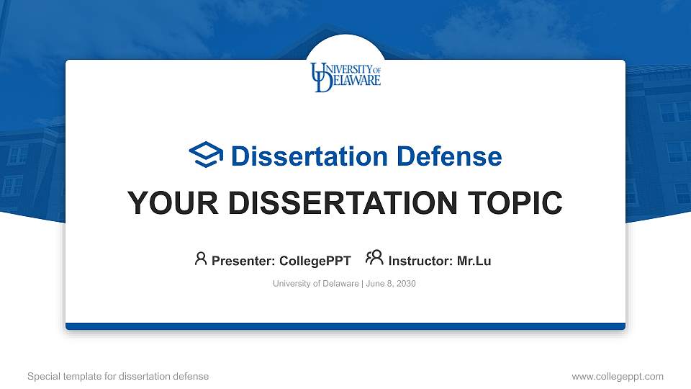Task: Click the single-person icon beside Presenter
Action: [x=201, y=259]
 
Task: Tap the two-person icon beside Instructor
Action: [x=374, y=259]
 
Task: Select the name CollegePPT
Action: [x=315, y=261]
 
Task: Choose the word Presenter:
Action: [x=243, y=261]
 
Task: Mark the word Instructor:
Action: [x=420, y=261]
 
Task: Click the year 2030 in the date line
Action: [x=405, y=284]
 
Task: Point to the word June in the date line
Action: [x=375, y=284]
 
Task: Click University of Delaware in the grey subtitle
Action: [x=315, y=284]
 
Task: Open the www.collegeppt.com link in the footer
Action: [x=617, y=376]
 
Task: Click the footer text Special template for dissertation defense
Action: [x=118, y=376]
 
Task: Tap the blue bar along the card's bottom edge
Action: [x=345, y=326]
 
